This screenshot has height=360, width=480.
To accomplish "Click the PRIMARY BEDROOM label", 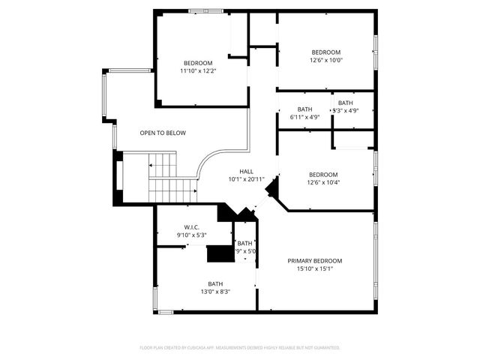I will (314, 261).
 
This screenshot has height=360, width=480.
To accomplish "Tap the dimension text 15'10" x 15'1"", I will (314, 268).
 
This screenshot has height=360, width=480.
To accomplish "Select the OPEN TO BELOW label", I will (163, 133).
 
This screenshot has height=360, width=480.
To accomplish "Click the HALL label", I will (246, 172).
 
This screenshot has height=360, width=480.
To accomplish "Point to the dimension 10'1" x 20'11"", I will (246, 179).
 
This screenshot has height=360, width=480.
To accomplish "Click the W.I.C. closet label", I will (191, 227).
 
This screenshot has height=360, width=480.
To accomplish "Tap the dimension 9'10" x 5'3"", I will (191, 235).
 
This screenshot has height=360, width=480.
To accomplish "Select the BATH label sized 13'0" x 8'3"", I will (215, 283).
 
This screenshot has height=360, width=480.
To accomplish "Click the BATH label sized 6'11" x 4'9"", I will (304, 109).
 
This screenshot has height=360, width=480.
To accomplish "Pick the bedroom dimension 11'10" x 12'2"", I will (198, 70).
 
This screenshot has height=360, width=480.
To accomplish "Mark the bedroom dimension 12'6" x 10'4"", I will (323, 182).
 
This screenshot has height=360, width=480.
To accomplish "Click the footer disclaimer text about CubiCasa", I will (240, 347).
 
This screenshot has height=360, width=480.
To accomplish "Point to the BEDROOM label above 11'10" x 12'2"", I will (198, 63).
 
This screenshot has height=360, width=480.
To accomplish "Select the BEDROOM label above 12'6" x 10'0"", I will (326, 52).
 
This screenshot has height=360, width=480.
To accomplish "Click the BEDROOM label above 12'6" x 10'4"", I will (323, 175).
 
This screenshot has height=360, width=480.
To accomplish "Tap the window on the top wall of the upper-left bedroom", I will (205, 10).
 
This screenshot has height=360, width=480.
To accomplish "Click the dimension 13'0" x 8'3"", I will (215, 292).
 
